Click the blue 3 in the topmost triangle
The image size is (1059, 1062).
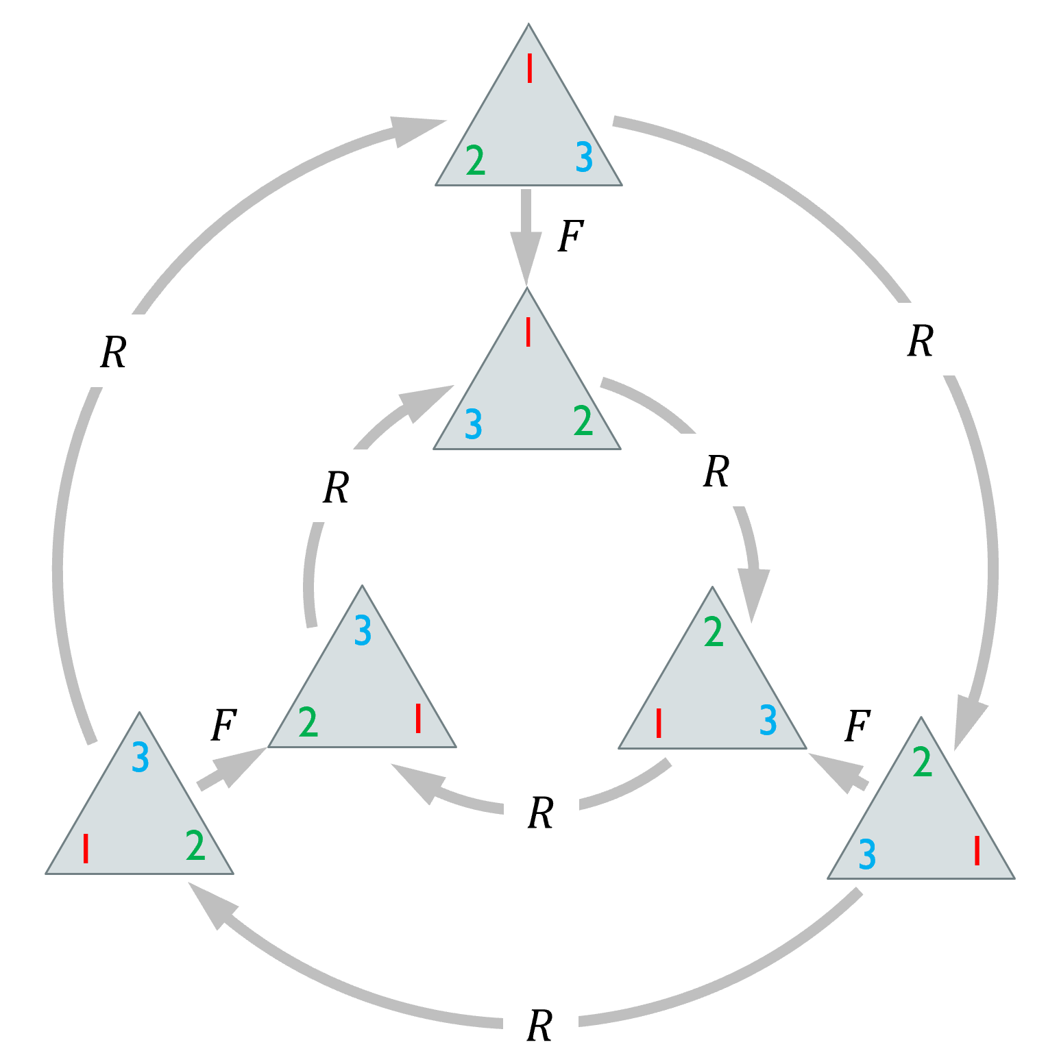pos(584,158)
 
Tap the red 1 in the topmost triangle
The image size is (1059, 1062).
pos(530,69)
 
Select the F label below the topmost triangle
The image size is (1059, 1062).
pos(570,237)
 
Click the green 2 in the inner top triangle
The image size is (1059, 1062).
pos(583,421)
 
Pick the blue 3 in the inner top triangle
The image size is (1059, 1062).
pos(474,424)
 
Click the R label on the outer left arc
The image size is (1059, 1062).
pos(114,353)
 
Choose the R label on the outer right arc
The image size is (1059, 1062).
pos(920,341)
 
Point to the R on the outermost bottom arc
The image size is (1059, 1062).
pos(539,1026)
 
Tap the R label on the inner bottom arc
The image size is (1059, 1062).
pos(541,813)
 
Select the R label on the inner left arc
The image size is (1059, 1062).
pos(336,488)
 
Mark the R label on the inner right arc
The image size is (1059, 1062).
pos(716,471)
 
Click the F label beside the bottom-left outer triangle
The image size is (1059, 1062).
pos(223,726)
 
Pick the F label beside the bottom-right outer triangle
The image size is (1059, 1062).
pos(857,726)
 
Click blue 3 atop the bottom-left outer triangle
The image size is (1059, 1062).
pos(140,757)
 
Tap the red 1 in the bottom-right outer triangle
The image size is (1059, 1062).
pos(977,851)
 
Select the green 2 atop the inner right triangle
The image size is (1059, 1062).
pos(714,632)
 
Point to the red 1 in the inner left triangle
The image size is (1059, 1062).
pos(418,719)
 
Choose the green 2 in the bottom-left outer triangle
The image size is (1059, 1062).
pos(195,845)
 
